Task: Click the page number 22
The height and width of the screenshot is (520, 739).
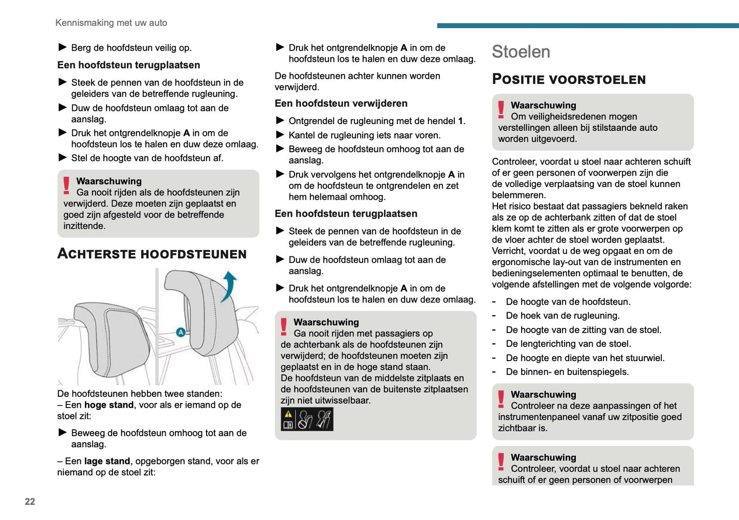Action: tap(30, 501)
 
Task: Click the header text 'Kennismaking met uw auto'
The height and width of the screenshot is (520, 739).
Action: tap(111, 22)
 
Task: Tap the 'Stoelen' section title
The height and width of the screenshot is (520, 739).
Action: tap(521, 52)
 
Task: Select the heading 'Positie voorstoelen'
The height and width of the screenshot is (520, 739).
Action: tap(568, 79)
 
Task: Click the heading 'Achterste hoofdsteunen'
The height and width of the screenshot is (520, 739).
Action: tap(152, 254)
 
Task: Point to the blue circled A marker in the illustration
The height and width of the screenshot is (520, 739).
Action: tap(181, 332)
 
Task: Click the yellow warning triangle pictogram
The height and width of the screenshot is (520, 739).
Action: tap(288, 415)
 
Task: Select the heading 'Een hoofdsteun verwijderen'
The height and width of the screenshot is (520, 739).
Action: tap(341, 103)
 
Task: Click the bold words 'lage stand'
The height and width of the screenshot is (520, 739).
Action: tap(107, 461)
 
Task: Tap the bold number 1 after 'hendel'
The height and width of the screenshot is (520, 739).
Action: tap(460, 121)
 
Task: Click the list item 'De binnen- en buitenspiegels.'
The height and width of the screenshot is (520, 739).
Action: tap(567, 372)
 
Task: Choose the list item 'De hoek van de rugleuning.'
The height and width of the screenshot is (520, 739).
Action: tap(563, 316)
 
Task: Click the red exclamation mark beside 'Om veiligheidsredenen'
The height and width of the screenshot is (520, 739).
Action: tap(501, 109)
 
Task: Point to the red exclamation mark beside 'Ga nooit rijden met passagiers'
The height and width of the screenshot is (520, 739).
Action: tap(283, 326)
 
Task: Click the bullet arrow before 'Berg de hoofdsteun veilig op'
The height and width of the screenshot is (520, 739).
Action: tap(63, 48)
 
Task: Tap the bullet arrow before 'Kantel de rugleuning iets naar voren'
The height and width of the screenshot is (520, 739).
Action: tap(280, 135)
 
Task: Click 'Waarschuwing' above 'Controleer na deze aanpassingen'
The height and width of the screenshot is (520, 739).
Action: tap(543, 394)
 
